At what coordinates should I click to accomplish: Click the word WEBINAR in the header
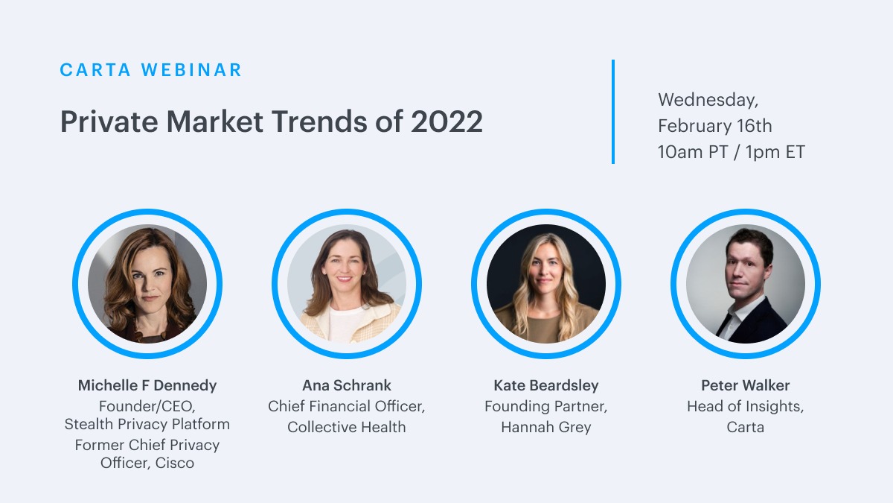click(191, 70)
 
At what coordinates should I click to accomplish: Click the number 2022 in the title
click(446, 121)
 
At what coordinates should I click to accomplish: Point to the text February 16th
click(715, 126)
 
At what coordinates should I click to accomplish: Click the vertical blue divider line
click(613, 112)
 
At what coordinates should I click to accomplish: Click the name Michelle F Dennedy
click(147, 386)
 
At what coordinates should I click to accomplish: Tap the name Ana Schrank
click(347, 386)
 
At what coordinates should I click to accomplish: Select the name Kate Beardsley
click(546, 386)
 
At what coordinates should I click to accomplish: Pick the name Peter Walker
click(746, 386)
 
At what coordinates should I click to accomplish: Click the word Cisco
click(175, 463)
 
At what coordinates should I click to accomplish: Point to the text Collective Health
click(347, 427)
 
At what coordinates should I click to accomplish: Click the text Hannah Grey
click(546, 428)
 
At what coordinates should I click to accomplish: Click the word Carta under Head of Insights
click(746, 427)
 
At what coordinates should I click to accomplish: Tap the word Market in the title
click(214, 121)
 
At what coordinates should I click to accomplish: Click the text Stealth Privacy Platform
click(147, 424)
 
